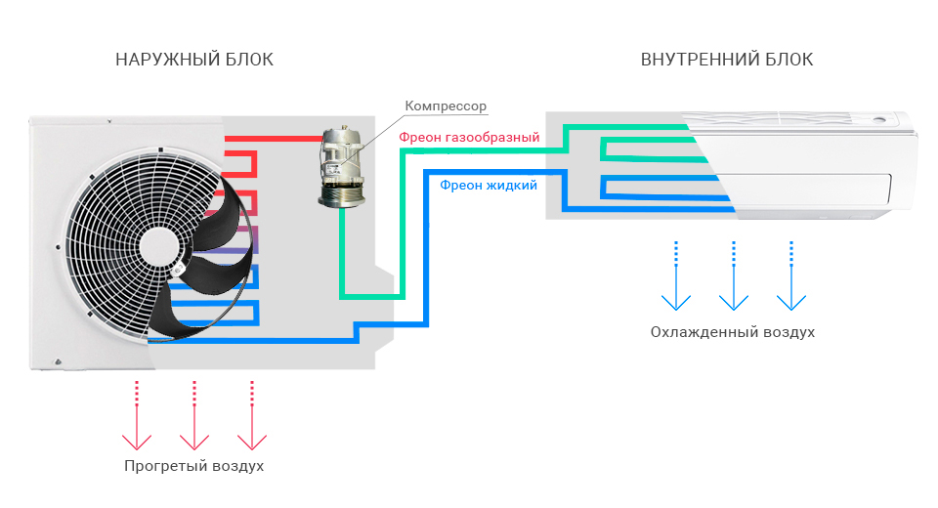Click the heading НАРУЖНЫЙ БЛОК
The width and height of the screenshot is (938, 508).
pos(194,60)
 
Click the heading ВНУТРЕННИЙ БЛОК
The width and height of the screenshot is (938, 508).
pos(726,60)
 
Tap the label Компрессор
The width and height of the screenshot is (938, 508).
pos(445,106)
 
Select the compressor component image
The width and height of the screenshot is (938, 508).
pos(342,168)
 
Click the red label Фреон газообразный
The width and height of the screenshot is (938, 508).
pos(469,138)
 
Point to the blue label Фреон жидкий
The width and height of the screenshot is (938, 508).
pos(489,185)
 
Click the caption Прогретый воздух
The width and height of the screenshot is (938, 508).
pos(194,465)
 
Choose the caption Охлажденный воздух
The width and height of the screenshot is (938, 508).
pos(733,332)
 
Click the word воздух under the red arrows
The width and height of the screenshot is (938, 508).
pos(237,465)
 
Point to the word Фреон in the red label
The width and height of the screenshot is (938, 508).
pos(420,138)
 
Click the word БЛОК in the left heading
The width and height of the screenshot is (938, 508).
pos(248,60)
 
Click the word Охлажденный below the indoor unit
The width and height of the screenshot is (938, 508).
pos(703,332)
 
